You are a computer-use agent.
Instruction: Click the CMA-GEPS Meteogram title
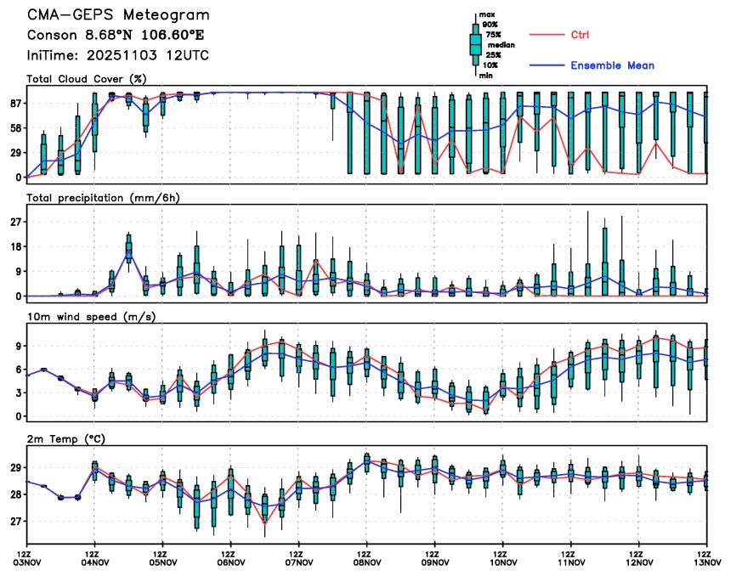(x=118, y=15)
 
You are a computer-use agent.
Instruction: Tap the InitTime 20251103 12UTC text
(x=118, y=55)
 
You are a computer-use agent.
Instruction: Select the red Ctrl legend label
(x=580, y=35)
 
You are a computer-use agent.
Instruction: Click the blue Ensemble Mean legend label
(x=612, y=65)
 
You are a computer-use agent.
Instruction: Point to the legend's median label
(x=501, y=45)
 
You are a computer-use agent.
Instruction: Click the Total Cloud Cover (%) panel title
(x=87, y=79)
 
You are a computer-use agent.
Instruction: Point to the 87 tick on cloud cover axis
(x=15, y=103)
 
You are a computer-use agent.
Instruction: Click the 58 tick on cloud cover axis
(x=15, y=127)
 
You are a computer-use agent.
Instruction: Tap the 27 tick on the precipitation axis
(x=15, y=222)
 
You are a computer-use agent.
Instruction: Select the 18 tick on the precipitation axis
(x=15, y=246)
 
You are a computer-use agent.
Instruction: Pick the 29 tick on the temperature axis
(x=15, y=468)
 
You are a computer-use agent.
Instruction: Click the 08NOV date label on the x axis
(x=366, y=561)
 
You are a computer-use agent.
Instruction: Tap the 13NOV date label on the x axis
(x=706, y=561)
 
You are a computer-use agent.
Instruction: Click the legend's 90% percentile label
(x=490, y=25)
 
